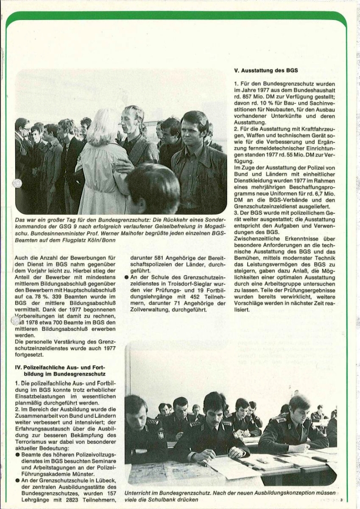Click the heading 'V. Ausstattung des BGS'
[x=266, y=71]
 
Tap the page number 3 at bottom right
[x=341, y=500]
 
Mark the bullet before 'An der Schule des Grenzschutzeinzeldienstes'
[x=126, y=277]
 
